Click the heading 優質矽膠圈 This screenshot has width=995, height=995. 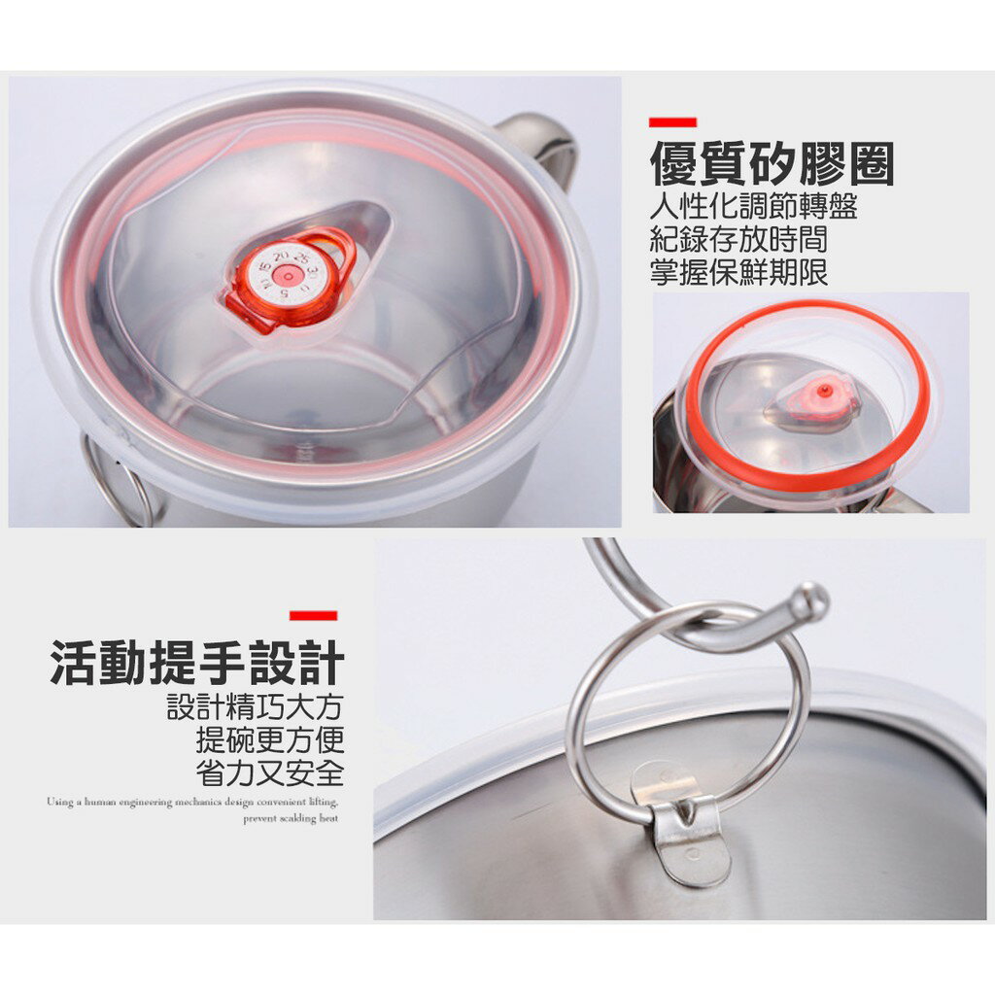[x=771, y=164]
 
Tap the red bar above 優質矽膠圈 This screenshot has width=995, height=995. [x=672, y=122]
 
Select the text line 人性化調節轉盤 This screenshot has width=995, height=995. [x=753, y=207]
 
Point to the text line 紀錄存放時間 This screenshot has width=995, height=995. [x=738, y=239]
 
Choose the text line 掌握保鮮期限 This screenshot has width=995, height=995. [x=738, y=271]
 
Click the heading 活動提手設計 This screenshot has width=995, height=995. [x=197, y=663]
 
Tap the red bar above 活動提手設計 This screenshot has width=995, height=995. [x=313, y=615]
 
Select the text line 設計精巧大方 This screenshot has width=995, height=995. [x=256, y=707]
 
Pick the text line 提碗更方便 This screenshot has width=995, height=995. [x=270, y=740]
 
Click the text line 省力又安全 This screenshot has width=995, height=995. [x=270, y=773]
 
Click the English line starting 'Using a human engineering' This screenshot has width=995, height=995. [x=192, y=803]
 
